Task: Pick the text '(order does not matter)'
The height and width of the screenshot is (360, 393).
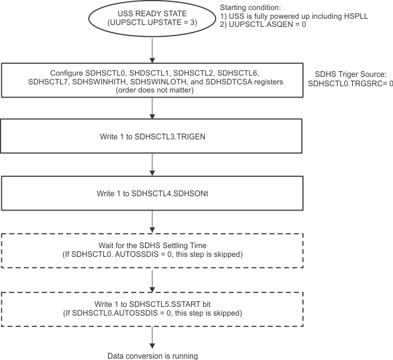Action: pos(152,91)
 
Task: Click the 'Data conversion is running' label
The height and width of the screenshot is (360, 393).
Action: pos(152,356)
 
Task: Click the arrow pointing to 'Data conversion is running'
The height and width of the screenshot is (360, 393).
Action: pos(152,336)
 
